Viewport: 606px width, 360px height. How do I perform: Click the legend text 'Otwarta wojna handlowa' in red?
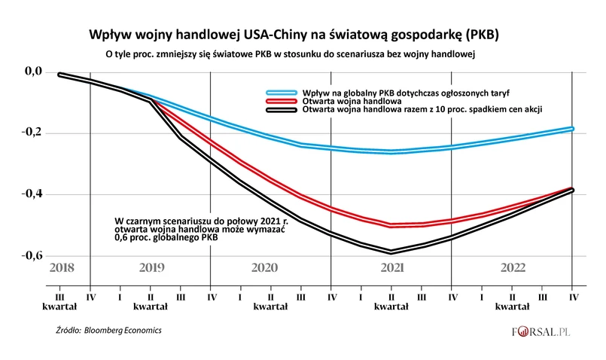click(354, 100)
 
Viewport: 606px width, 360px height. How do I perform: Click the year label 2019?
click(151, 268)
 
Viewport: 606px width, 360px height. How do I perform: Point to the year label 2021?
click(391, 268)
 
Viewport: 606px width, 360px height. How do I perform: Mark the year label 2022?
click(512, 268)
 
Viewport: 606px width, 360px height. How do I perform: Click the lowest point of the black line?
click(391, 252)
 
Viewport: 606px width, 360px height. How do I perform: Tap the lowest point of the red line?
click(391, 225)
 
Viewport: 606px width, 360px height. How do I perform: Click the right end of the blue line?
click(572, 129)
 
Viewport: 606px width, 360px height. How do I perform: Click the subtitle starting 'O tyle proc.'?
click(294, 54)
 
